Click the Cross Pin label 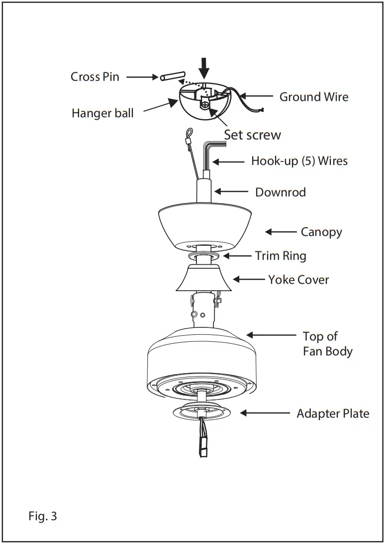(x=95, y=77)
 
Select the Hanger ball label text (x=102, y=113)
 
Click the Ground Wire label (x=313, y=97)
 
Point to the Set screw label (x=252, y=135)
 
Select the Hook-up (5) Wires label (x=299, y=161)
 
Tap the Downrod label (x=280, y=192)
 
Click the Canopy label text (x=321, y=232)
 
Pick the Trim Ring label (x=281, y=256)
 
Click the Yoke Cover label (x=298, y=280)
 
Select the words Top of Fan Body (x=327, y=344)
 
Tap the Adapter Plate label (x=333, y=413)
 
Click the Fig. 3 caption (x=43, y=516)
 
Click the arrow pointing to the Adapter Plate (x=265, y=413)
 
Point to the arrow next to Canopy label (x=281, y=232)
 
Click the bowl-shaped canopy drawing (x=204, y=224)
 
